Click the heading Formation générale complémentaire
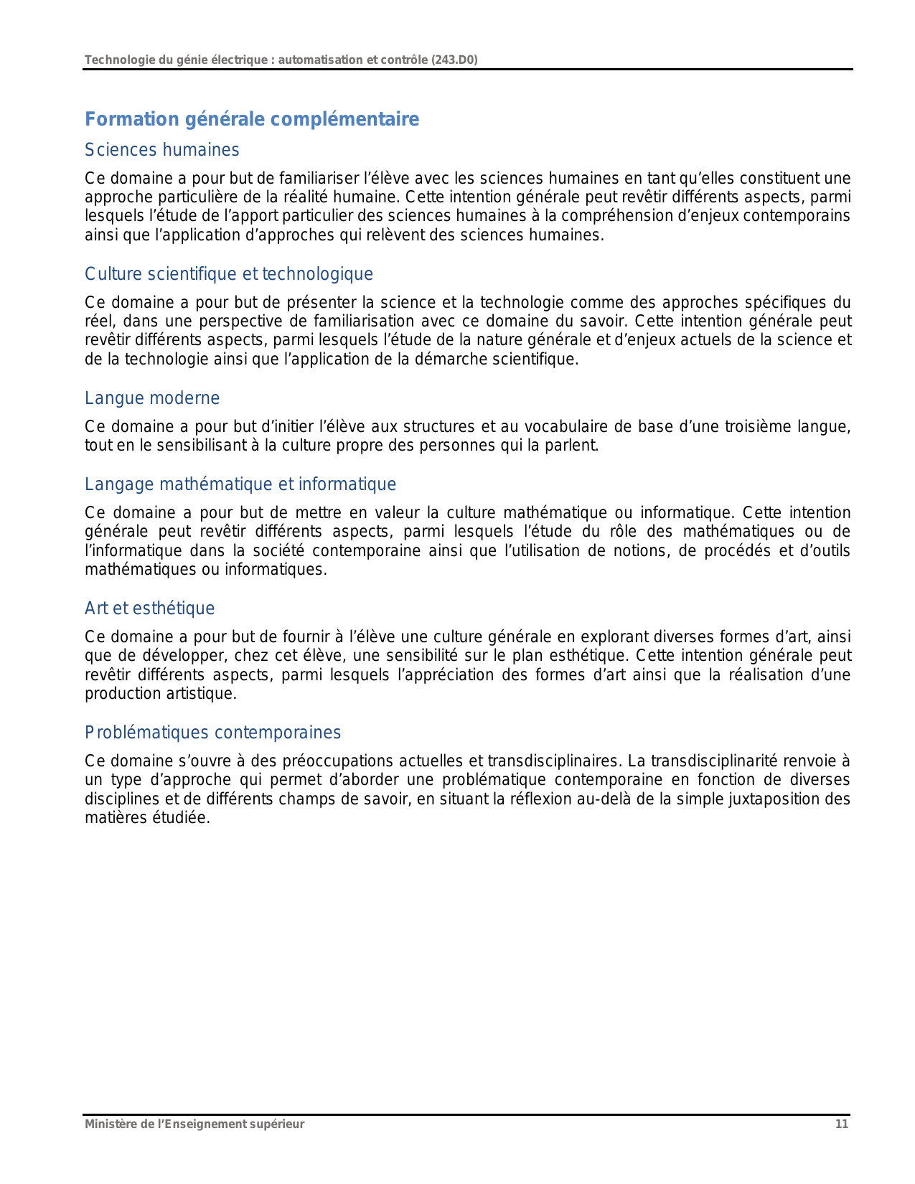[x=252, y=119]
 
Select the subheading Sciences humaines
[x=161, y=150]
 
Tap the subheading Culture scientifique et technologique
[x=228, y=274]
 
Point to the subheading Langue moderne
[x=152, y=398]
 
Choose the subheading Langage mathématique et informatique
[x=240, y=484]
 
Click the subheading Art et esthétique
[x=149, y=609]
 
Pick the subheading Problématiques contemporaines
[x=212, y=733]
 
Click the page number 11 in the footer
[x=841, y=1124]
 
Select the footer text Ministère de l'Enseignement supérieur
[x=194, y=1124]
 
